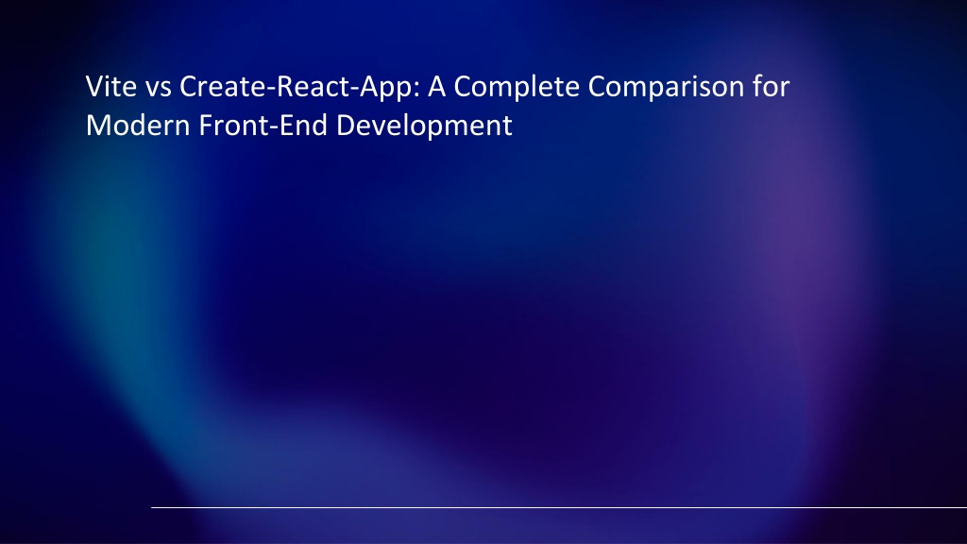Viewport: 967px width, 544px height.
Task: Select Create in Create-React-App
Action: [x=211, y=88]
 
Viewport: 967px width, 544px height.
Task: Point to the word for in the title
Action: [x=771, y=88]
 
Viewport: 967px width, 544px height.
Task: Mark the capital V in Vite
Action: [x=93, y=88]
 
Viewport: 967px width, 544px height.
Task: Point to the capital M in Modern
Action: [x=95, y=126]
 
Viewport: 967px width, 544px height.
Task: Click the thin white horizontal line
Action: [x=557, y=507]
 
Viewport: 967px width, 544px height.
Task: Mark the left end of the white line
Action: [x=153, y=507]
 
